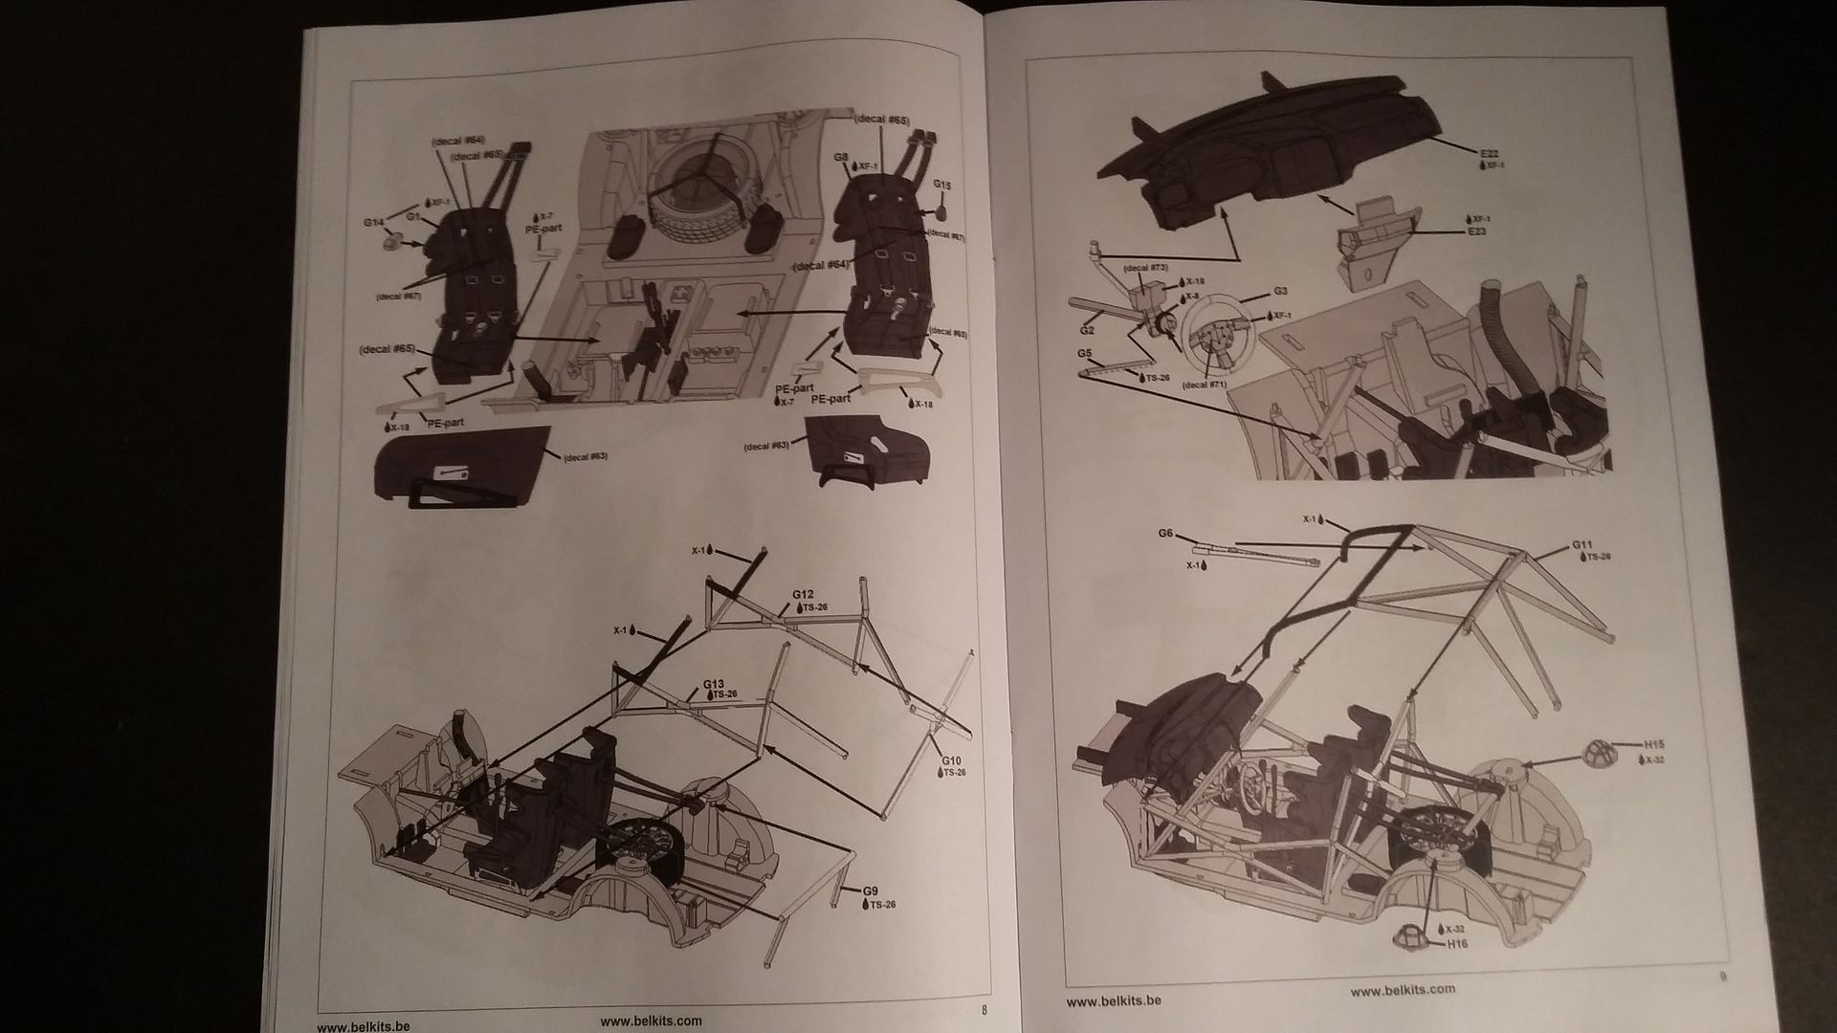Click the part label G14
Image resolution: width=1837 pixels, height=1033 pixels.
click(x=374, y=223)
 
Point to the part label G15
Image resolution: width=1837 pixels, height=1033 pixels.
click(x=941, y=184)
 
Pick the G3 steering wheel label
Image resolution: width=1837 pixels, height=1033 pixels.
click(x=1281, y=291)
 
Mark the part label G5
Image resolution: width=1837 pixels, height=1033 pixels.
click(x=1085, y=354)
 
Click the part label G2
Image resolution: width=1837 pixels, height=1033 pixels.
click(x=1087, y=330)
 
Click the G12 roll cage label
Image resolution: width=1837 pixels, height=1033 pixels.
click(x=803, y=594)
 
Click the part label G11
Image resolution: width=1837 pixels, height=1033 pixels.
click(x=1582, y=545)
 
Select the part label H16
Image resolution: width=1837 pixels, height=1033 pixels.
click(x=1458, y=944)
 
